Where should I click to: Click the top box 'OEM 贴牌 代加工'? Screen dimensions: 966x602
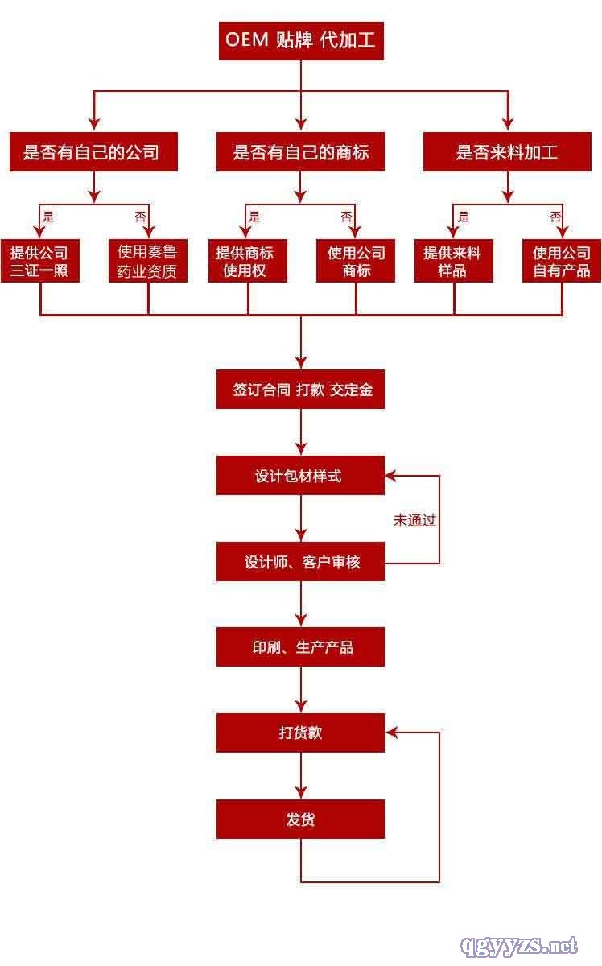[301, 40]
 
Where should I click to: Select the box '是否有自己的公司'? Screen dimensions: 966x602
[93, 151]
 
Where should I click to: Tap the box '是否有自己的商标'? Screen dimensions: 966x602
[301, 151]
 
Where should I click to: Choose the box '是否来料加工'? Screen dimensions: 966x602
[507, 151]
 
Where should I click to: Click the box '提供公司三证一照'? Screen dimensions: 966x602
[39, 262]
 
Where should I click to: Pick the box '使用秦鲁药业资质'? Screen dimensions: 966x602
[147, 262]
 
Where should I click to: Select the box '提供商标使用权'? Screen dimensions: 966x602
[247, 262]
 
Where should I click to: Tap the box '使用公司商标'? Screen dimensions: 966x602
[356, 262]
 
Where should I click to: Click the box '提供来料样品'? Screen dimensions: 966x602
[453, 262]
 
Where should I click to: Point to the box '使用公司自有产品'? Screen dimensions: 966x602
[562, 262]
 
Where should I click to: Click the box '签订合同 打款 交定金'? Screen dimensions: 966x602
[301, 390]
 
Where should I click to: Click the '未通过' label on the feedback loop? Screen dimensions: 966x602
[414, 520]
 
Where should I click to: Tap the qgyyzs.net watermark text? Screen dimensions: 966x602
[517, 944]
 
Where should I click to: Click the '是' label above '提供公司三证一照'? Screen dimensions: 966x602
[48, 217]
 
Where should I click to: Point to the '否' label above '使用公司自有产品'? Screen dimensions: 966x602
[555, 217]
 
